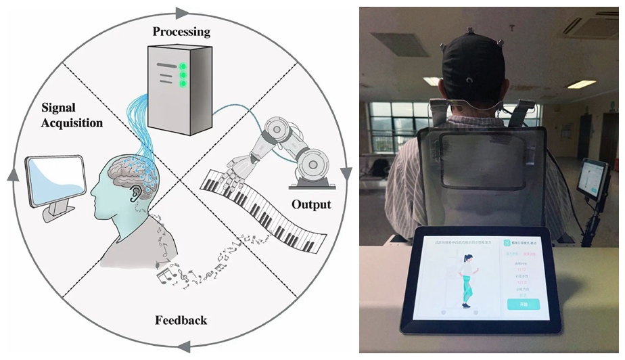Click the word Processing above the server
point(181,32)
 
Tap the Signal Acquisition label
point(72,116)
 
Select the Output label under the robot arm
point(311,204)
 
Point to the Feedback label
point(181,320)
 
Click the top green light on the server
point(183,66)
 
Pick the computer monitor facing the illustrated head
point(55,181)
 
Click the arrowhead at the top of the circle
point(182,12)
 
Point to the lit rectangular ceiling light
point(581,85)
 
